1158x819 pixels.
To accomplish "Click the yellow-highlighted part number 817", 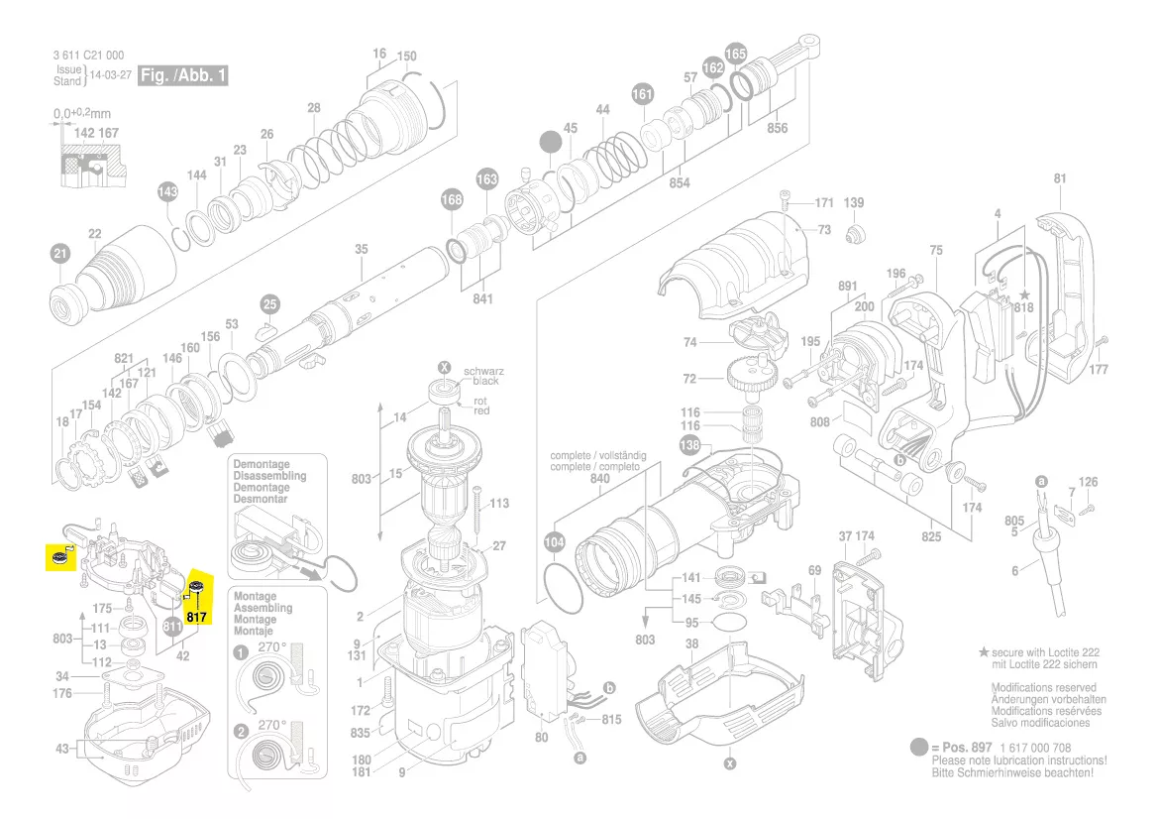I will pos(196,617).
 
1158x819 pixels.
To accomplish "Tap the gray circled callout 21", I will pos(60,255).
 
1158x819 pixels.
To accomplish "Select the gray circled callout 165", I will pos(736,53).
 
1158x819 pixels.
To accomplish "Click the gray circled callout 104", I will pos(555,542).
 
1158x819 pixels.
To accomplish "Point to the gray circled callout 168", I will pos(451,200).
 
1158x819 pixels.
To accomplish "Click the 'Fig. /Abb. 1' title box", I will pos(183,75).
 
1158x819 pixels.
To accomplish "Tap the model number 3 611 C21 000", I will pos(89,56).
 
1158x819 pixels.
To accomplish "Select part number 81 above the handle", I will pos(1060,179).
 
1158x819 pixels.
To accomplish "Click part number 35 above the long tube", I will pos(362,249).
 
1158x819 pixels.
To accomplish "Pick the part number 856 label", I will pos(777,128).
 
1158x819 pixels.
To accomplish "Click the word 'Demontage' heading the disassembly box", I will pos(262,464).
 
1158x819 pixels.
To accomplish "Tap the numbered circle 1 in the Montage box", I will pos(241,653).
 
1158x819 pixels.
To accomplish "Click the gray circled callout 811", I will pos(173,627).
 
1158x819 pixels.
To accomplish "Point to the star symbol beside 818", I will pos(1024,294).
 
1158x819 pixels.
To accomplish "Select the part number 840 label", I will pos(600,478).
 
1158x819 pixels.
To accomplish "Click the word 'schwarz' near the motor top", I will pos(484,370).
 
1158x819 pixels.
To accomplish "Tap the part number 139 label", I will pos(853,203).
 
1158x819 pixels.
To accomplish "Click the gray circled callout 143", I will pos(167,191).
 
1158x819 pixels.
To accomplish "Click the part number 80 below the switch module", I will pos(541,738).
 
